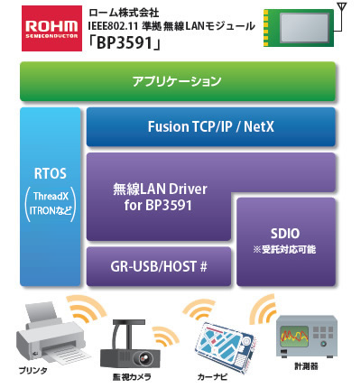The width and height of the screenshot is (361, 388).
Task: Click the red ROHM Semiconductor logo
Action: click(51, 28)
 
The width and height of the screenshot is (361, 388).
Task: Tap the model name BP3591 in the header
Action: click(125, 43)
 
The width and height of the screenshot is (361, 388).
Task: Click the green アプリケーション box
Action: click(178, 81)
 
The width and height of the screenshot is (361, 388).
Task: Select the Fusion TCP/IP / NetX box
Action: click(211, 126)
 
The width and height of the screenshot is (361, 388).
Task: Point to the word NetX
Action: click(259, 126)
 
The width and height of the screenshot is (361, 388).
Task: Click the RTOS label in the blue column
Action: click(51, 173)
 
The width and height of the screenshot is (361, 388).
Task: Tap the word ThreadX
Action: click(51, 196)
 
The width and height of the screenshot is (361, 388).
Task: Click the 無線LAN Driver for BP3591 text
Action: click(160, 197)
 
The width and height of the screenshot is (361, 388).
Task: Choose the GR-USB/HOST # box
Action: click(159, 266)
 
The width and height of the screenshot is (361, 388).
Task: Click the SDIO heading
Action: click(285, 234)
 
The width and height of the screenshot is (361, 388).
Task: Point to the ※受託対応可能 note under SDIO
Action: click(284, 249)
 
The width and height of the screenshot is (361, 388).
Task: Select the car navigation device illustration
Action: click(226, 346)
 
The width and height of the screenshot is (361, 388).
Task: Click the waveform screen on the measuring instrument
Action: click(294, 337)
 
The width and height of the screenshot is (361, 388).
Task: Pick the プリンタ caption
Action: click(32, 370)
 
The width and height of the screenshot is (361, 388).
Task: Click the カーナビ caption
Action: click(212, 376)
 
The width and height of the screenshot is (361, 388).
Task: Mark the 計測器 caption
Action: click(306, 366)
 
